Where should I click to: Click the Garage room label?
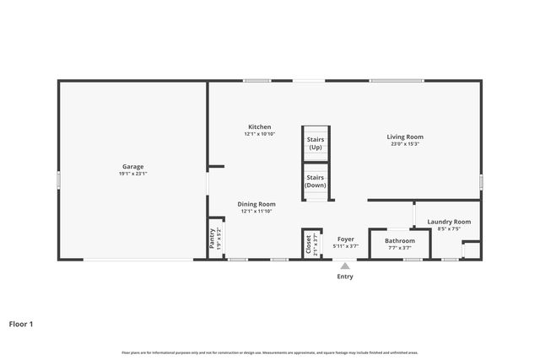(132, 166)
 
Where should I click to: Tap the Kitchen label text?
(259, 126)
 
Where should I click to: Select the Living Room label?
(405, 137)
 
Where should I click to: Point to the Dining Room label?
(256, 204)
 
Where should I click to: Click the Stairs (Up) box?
(316, 143)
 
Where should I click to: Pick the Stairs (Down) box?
(316, 181)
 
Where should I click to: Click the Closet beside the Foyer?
(308, 244)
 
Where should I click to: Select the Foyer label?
(345, 239)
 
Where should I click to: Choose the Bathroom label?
(400, 240)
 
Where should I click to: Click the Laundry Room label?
(449, 222)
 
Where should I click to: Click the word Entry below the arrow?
(345, 277)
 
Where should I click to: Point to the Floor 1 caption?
(21, 323)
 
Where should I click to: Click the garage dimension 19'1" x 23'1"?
(132, 174)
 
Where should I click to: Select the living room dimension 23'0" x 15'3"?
(405, 144)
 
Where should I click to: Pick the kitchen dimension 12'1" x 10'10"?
(259, 134)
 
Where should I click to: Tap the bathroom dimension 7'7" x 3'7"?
(400, 248)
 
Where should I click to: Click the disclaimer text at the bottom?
(269, 352)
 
